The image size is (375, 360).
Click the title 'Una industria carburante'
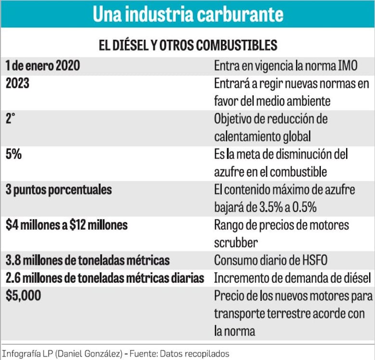click(x=187, y=14)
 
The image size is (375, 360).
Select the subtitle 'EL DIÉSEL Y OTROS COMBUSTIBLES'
click(x=187, y=45)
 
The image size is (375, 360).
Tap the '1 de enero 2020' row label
click(x=43, y=66)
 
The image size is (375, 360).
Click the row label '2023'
click(x=17, y=83)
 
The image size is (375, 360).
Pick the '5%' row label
click(x=13, y=154)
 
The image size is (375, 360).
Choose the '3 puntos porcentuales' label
click(x=59, y=190)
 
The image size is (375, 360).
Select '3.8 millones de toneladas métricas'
click(x=87, y=260)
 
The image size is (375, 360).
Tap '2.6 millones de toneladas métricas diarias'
click(x=105, y=278)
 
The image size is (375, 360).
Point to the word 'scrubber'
click(x=237, y=242)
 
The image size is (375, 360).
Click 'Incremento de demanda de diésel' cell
click(x=292, y=278)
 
